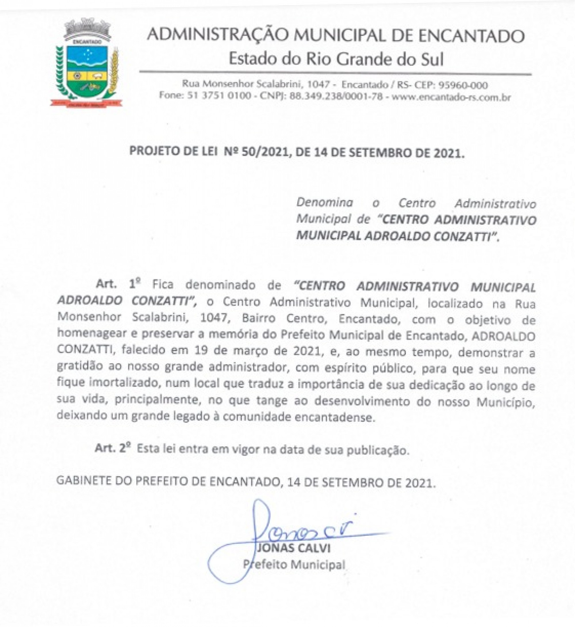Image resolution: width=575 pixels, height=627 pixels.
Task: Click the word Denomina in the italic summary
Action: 325,203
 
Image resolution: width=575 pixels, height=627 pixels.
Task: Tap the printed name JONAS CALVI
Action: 294,548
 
